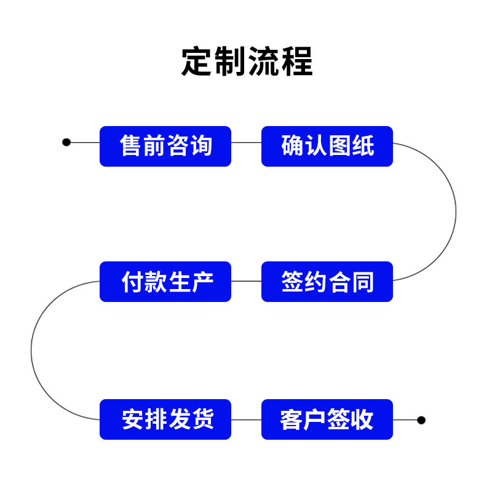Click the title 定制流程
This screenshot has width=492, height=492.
[247, 61]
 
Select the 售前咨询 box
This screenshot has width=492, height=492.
[165, 146]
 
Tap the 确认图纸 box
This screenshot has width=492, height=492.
[327, 146]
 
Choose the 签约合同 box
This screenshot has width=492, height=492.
[327, 282]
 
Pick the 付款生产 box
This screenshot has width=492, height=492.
[165, 282]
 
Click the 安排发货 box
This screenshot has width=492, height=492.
[165, 419]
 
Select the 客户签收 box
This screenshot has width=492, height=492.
[327, 419]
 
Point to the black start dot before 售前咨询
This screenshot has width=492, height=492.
[66, 142]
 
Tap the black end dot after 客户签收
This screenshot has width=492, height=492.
[421, 420]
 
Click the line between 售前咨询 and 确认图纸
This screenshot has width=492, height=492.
[246, 142]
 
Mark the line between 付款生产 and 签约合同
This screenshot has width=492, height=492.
[246, 281]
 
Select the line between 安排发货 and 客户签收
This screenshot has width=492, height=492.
[246, 419]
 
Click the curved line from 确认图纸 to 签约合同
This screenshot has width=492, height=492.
[456, 212]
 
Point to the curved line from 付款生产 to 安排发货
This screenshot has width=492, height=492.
[31, 351]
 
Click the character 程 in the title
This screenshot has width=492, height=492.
[296, 61]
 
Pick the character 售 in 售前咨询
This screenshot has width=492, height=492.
[131, 146]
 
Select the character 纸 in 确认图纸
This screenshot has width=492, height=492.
[362, 146]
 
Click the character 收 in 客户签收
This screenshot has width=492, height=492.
[362, 419]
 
